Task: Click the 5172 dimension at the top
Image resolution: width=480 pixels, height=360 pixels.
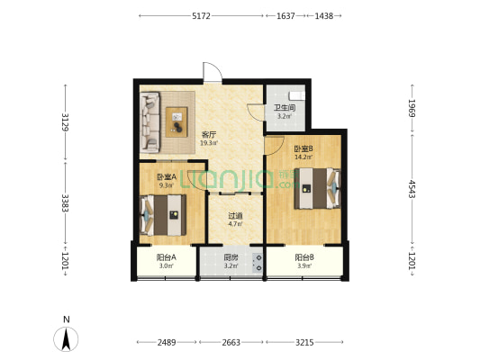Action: coord(201,16)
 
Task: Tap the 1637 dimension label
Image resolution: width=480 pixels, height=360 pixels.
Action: coord(285,16)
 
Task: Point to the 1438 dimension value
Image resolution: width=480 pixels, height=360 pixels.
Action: coord(324,16)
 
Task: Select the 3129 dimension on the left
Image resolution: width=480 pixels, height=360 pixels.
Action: coord(65,122)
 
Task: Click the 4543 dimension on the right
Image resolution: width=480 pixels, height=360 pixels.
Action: coord(412,189)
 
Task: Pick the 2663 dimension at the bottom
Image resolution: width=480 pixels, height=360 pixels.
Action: coord(231,342)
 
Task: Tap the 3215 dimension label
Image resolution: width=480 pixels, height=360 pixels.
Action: coord(304,342)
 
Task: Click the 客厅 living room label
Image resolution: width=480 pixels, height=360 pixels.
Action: coord(209,134)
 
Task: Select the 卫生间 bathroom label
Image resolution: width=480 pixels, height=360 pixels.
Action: coord(285,108)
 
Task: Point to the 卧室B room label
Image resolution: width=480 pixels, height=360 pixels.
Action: coord(303,149)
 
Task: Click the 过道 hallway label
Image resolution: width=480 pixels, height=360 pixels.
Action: coord(235,216)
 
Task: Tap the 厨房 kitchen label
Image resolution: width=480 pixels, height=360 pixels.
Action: coord(231,257)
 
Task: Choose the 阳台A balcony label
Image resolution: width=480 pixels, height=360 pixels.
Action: coord(167,257)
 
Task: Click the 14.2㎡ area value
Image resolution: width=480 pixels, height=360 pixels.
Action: coord(303,157)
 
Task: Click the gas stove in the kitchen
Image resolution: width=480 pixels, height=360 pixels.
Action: coord(258,263)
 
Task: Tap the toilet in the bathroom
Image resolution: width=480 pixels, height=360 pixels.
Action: coord(297,95)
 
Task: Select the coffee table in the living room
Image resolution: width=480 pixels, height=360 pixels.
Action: coord(177,121)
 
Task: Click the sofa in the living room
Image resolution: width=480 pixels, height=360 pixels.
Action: coord(149,122)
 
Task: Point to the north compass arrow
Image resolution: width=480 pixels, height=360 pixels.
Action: coord(66,339)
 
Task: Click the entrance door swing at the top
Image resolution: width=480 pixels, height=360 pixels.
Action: coord(213,72)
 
